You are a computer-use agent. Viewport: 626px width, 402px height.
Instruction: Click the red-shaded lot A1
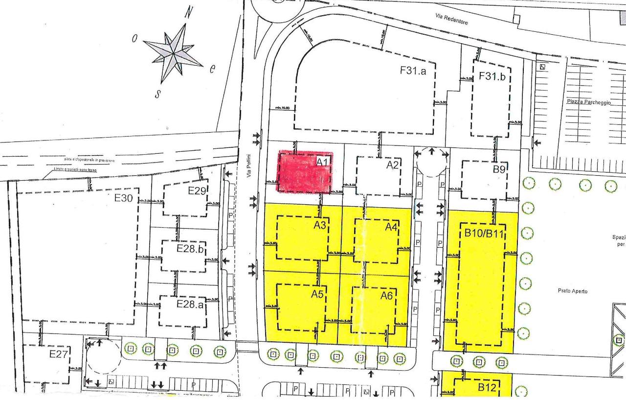point(304,171)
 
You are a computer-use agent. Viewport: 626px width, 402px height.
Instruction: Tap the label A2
point(393,165)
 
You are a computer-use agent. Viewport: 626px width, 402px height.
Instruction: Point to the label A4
point(391,228)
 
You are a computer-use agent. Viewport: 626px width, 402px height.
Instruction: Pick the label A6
point(388,296)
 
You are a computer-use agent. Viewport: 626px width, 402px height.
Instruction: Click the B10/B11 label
point(484,233)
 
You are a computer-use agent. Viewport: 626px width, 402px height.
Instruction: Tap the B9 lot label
point(499,170)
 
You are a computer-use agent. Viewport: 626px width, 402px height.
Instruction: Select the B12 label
point(487,388)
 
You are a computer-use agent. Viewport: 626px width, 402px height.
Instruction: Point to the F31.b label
point(492,76)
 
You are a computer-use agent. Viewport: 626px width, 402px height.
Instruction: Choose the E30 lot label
point(124,198)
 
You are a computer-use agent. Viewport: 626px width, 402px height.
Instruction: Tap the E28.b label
point(189,249)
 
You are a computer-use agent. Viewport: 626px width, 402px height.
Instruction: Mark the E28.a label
point(188,304)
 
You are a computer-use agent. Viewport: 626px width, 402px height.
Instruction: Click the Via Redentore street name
point(451,20)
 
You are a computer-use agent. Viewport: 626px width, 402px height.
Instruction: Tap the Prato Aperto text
point(572,291)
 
